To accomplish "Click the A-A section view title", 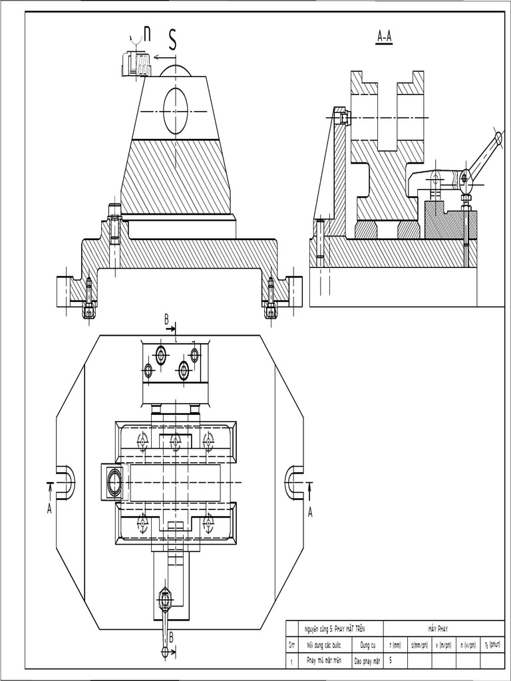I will click(x=385, y=38).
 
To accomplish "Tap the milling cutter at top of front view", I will click(x=133, y=65).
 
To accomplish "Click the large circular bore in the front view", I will click(x=176, y=110).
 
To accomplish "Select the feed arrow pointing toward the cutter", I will click(x=162, y=57).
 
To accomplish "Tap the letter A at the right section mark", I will click(x=309, y=511).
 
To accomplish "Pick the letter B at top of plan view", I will click(x=167, y=320).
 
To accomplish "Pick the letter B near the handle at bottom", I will click(x=171, y=637).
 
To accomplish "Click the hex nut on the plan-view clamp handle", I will click(x=165, y=601).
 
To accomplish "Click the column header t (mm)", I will click(x=395, y=644).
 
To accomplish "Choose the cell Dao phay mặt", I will click(x=367, y=661).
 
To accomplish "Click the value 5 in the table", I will click(x=391, y=660).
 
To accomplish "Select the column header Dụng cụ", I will click(x=368, y=644).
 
